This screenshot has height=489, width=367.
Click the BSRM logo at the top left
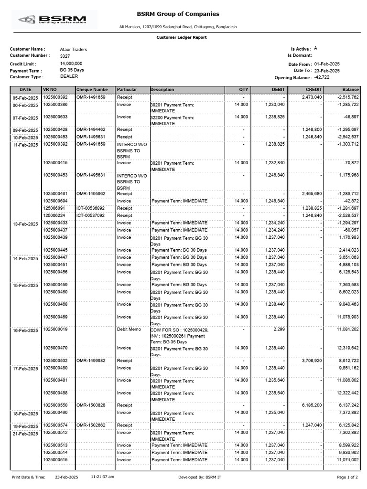pyautogui.click(x=53, y=20)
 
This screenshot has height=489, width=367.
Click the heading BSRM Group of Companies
pyautogui.click(x=178, y=14)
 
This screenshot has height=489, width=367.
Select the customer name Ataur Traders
pyautogui.click(x=74, y=50)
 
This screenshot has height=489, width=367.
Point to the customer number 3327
pyautogui.click(x=65, y=56)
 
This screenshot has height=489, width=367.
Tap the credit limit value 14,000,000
pyautogui.click(x=71, y=64)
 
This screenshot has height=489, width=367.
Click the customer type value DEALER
pyautogui.click(x=69, y=76)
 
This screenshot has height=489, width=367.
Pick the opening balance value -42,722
pyautogui.click(x=322, y=77)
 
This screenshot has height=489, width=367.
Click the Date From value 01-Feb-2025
pyautogui.click(x=327, y=64)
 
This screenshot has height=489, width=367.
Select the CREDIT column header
pyautogui.click(x=314, y=90)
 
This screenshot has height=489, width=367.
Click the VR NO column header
pyautogui.click(x=50, y=90)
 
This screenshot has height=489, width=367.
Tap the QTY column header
pyautogui.click(x=244, y=90)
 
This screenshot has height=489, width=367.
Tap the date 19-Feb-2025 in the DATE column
pyautogui.click(x=25, y=426)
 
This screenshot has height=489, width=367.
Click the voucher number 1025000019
pyautogui.click(x=55, y=330)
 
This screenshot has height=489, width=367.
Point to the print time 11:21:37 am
pyautogui.click(x=103, y=477)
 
